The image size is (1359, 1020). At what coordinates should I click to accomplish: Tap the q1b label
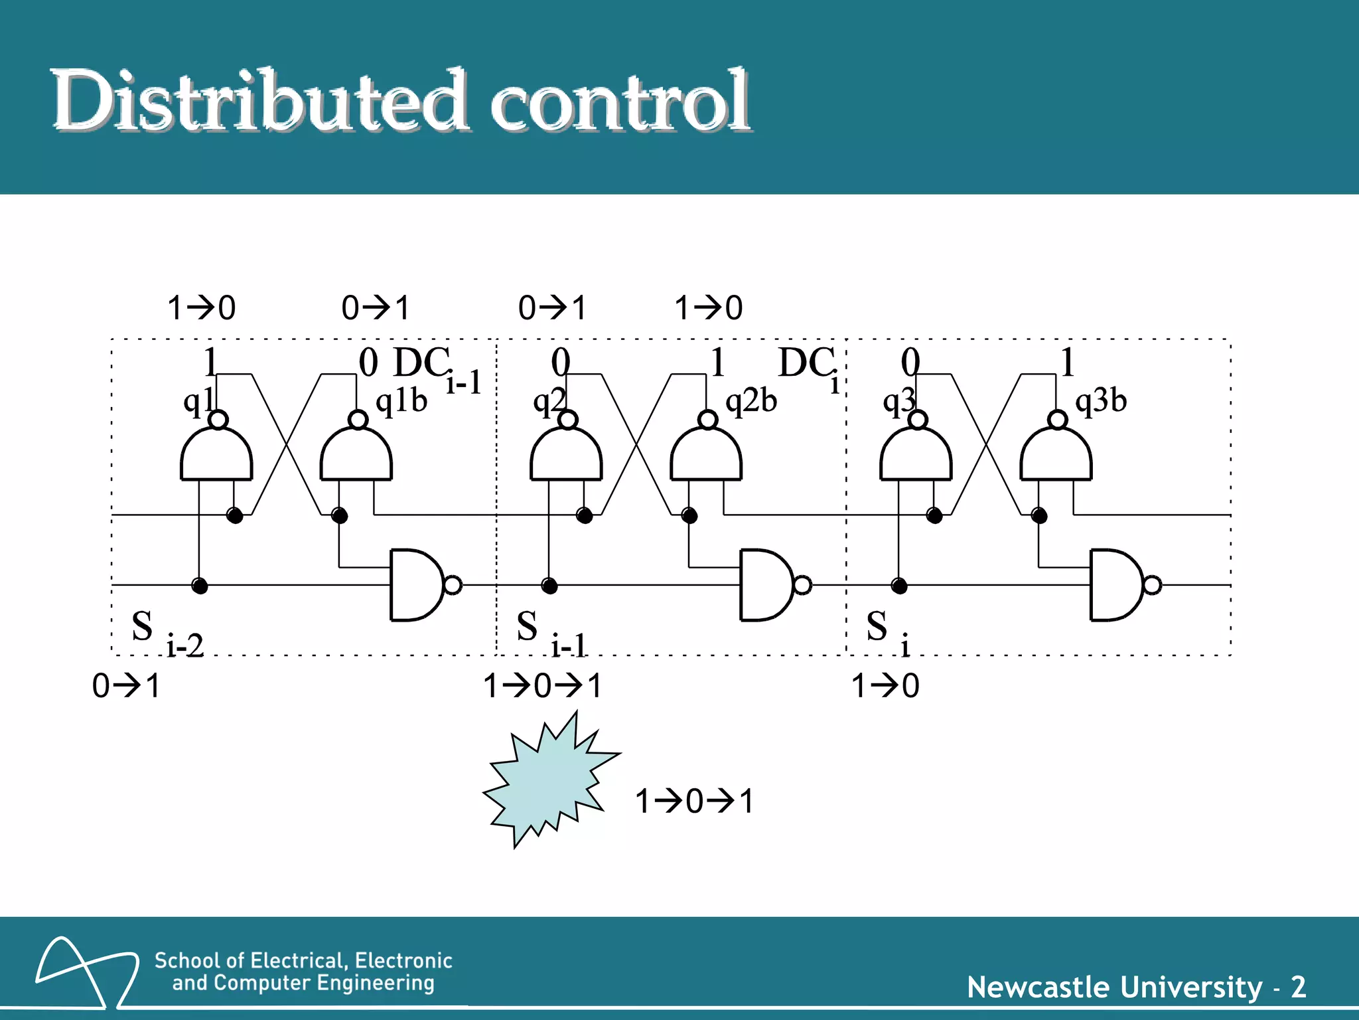click(x=401, y=400)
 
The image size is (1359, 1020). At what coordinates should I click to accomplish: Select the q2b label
click(x=751, y=400)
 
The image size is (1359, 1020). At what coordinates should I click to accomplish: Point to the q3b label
click(x=1101, y=400)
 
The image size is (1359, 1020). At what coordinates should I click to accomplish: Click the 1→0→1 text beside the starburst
click(x=694, y=802)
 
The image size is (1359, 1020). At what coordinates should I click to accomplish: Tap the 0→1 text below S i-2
click(x=126, y=686)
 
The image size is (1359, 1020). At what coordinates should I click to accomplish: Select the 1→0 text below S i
click(x=885, y=686)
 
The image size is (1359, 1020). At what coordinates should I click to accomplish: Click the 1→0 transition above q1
click(x=201, y=308)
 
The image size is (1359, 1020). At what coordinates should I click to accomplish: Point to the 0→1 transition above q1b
click(x=376, y=308)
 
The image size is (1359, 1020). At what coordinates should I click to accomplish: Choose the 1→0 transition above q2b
click(x=709, y=308)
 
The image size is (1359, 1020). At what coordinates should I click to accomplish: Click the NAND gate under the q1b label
click(x=356, y=453)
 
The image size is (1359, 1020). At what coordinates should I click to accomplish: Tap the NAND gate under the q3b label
click(x=1056, y=453)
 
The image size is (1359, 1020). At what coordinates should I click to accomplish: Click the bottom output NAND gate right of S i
click(x=1117, y=585)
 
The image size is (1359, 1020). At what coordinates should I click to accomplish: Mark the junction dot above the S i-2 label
click(x=199, y=585)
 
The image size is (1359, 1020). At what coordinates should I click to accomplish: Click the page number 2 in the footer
click(x=1299, y=987)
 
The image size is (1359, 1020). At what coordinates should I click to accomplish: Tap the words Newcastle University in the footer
click(x=1115, y=987)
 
